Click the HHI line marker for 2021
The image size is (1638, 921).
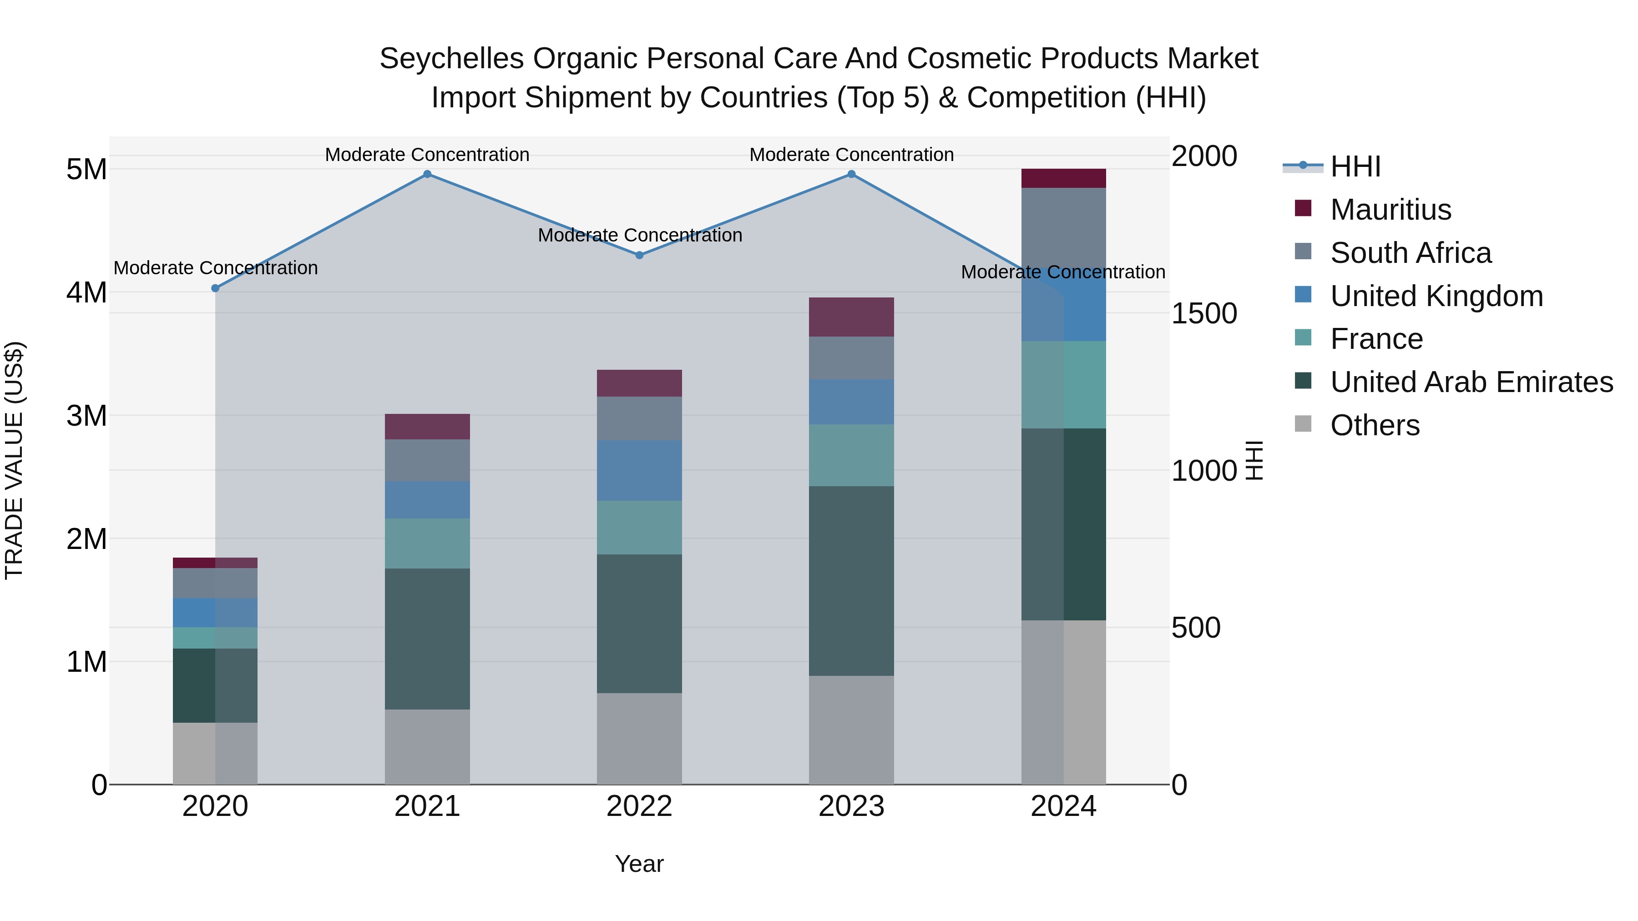pyautogui.click(x=427, y=174)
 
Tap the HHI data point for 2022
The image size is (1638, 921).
pyautogui.click(x=640, y=255)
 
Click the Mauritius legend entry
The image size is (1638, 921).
pyautogui.click(x=1390, y=210)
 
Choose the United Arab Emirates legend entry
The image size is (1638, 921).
pyautogui.click(x=1471, y=382)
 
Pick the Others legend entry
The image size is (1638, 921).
pyautogui.click(x=1374, y=425)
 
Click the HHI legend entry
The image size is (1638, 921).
pyautogui.click(x=1355, y=166)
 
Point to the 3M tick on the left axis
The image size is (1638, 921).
pyautogui.click(x=86, y=416)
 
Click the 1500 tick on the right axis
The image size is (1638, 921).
pyautogui.click(x=1203, y=313)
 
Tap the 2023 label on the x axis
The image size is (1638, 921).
pyautogui.click(x=851, y=806)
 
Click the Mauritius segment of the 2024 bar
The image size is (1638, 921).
pyautogui.click(x=1063, y=179)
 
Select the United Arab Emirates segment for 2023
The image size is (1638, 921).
pyautogui.click(x=851, y=580)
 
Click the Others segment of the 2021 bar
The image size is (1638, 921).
pyautogui.click(x=427, y=747)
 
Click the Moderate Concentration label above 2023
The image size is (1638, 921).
pyautogui.click(x=851, y=155)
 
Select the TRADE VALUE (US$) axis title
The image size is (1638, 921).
pyautogui.click(x=14, y=460)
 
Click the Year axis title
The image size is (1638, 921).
pyautogui.click(x=639, y=864)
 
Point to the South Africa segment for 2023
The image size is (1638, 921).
pyautogui.click(x=851, y=358)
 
